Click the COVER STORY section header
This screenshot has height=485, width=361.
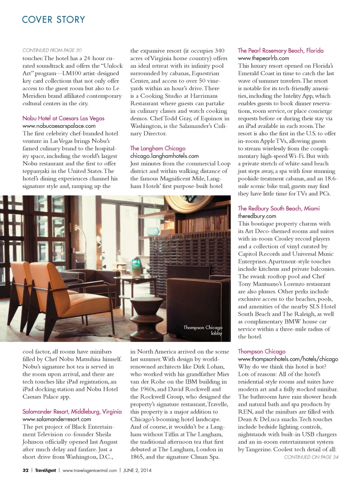pyautogui.click(x=53, y=20)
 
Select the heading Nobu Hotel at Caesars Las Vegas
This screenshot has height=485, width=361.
pyautogui.click(x=63, y=118)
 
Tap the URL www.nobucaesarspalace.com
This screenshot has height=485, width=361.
pyautogui.click(x=59, y=126)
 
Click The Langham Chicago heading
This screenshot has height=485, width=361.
pyautogui.click(x=158, y=148)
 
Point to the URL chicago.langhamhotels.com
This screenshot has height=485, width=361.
pyautogui.click(x=164, y=156)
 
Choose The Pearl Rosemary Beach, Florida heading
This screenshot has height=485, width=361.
pyautogui.click(x=280, y=50)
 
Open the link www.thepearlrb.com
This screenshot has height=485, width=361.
pyautogui.click(x=263, y=58)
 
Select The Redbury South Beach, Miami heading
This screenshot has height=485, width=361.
pyautogui.click(x=279, y=208)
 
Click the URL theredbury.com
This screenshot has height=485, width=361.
pyautogui.click(x=257, y=216)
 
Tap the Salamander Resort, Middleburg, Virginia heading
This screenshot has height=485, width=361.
pyautogui.click(x=72, y=411)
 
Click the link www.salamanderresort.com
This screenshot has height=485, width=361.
pyautogui.click(x=56, y=419)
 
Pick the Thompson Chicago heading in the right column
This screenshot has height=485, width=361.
pyautogui.click(x=261, y=351)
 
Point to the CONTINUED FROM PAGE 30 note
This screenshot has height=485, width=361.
pyautogui.click(x=52, y=50)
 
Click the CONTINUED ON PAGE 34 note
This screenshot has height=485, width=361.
pyautogui.click(x=311, y=457)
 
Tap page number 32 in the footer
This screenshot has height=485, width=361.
pyautogui.click(x=26, y=470)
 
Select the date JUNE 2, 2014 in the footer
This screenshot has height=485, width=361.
pyautogui.click(x=137, y=470)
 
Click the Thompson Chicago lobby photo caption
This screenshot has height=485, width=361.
pyautogui.click(x=203, y=330)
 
